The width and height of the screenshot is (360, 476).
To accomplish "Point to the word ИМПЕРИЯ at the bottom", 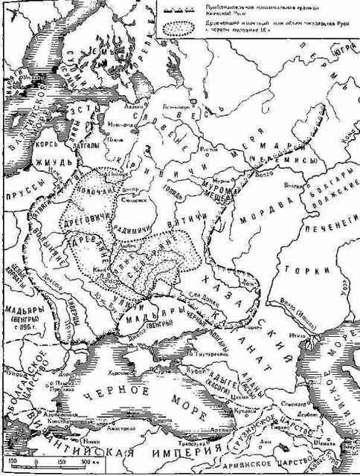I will point(181,453).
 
